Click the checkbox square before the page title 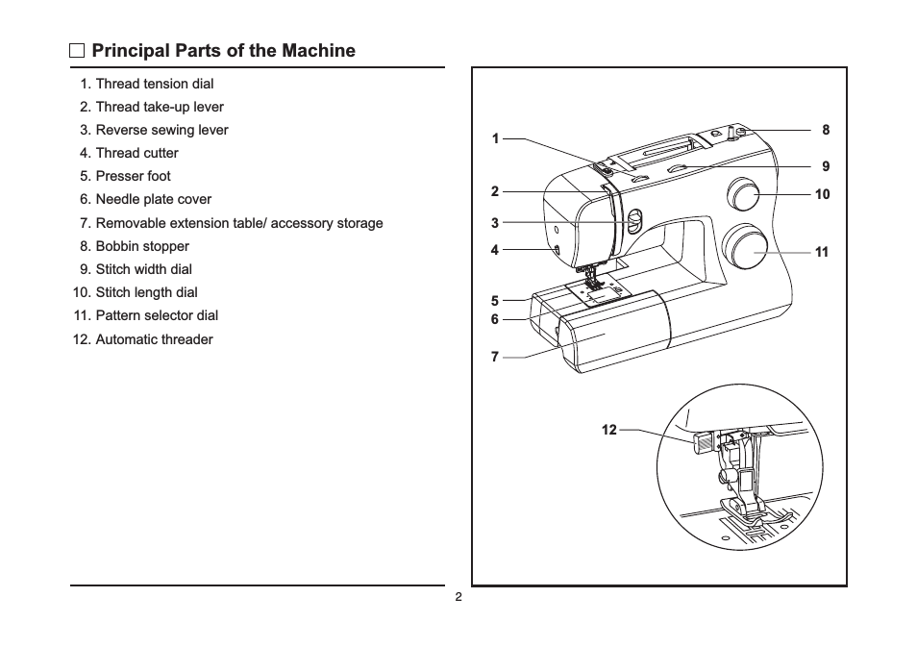pos(77,51)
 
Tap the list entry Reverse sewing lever pos(154,130)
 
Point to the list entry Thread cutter pos(129,153)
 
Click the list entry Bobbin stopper pos(135,246)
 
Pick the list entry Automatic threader pos(143,339)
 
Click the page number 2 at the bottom pos(458,597)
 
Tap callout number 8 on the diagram pos(826,130)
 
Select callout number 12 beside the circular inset pos(609,430)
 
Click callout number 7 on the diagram pos(495,357)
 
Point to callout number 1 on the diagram pos(495,139)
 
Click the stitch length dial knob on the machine pos(742,193)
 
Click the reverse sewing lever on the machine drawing pos(634,223)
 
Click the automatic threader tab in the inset pos(702,442)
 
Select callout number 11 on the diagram pos(822,252)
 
